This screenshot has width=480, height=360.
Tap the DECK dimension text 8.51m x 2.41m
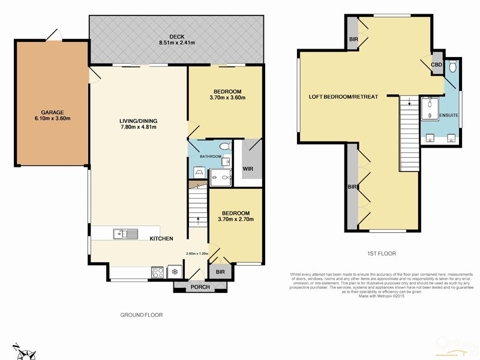click(x=176, y=43)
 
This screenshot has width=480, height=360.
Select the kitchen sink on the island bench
click(x=125, y=233)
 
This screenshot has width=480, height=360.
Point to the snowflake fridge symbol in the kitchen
click(x=175, y=271)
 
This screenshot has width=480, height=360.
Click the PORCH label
click(x=200, y=287)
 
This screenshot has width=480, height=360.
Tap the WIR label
click(x=248, y=169)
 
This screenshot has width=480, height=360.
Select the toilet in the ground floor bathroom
click(x=224, y=146)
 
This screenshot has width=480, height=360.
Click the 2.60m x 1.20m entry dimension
click(x=197, y=253)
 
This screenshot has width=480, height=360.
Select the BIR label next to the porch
click(x=220, y=272)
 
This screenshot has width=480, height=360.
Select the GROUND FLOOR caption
click(x=142, y=314)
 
